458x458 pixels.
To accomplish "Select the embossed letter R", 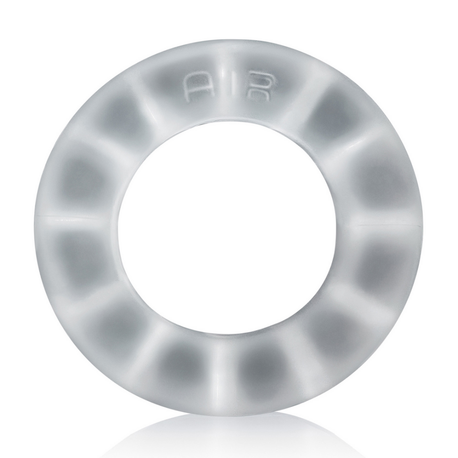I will tap(257, 87).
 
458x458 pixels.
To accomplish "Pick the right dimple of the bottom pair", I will tap(266, 364).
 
